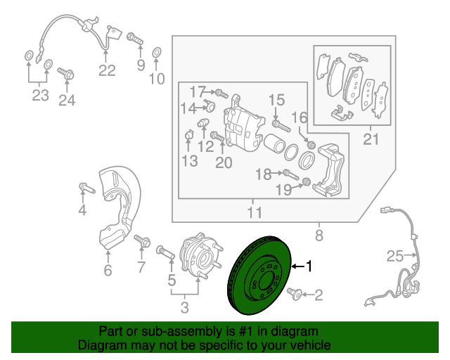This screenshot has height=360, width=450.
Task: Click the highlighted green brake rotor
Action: [259, 276]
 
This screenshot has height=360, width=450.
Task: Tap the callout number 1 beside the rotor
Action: [309, 266]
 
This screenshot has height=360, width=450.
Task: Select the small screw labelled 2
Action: [295, 294]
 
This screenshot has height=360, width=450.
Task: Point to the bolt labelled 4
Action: [87, 188]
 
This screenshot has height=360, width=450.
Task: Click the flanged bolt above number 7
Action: [142, 241]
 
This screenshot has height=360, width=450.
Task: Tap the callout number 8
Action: [319, 236]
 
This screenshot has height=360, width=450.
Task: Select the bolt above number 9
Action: [135, 39]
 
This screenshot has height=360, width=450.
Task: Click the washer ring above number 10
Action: [156, 53]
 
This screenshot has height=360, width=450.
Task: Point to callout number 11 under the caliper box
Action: [255, 213]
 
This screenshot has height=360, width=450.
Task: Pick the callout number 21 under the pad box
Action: [371, 139]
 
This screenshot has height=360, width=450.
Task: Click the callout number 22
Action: [107, 70]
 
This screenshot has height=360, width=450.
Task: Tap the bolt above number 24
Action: [66, 73]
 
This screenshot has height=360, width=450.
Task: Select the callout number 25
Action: [395, 256]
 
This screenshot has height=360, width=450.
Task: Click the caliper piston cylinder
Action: [274, 143]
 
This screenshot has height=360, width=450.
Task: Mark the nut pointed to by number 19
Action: [307, 181]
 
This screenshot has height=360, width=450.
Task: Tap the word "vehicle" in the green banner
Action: [311, 345]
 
